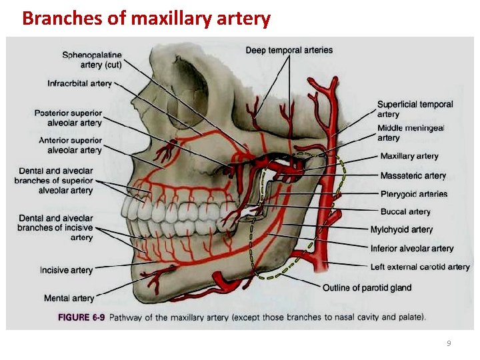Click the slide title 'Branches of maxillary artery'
pos(146,18)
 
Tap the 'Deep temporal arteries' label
pos(289,50)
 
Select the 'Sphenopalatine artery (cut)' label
pos(92,59)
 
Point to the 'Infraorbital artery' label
pos(79,83)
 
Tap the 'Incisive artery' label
pos(66,270)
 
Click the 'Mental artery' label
pos(69,298)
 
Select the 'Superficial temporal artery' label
pos(415,109)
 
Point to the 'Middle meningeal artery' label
pos(411,133)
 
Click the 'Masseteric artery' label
pos(413,176)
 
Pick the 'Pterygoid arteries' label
pos(413,194)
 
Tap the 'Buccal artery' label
pos(405,211)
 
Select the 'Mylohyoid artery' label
pos(401,229)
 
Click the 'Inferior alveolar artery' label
pos(412,249)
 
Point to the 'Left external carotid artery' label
pos(420,267)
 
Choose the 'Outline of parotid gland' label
pos(367,288)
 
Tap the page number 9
pos(449,343)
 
